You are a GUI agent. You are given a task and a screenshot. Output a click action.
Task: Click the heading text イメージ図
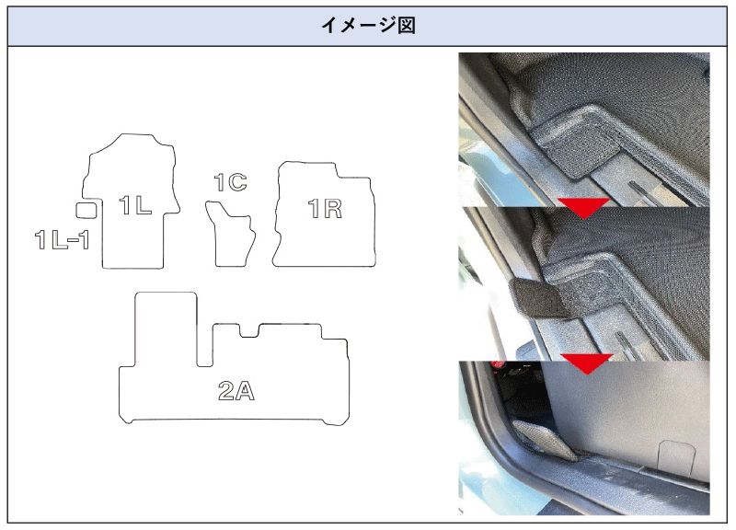369,26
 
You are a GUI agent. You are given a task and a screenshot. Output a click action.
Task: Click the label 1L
135,205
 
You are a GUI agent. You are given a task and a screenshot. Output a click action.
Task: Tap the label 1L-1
63,239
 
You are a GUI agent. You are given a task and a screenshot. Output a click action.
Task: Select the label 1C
231,182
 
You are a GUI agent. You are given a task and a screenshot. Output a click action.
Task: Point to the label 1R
325,209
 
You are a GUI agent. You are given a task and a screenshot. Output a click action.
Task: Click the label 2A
236,390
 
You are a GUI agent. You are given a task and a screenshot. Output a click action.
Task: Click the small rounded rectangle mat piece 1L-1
86,210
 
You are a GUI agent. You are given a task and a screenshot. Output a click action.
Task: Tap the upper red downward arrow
583,206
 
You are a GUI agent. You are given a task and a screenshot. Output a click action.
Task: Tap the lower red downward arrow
587,362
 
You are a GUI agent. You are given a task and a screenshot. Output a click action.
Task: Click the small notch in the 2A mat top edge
249,331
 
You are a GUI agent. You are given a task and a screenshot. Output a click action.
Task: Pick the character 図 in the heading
407,26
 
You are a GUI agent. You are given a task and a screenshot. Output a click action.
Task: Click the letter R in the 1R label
333,209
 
